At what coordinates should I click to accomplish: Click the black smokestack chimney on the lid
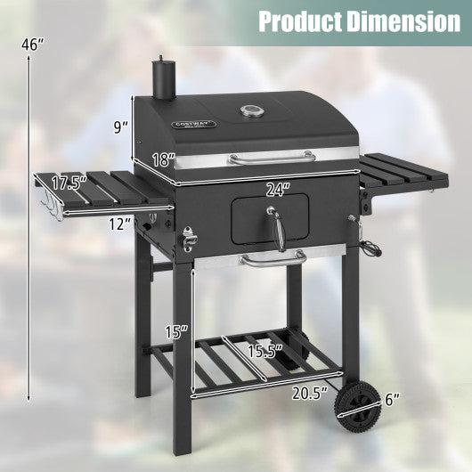tap(163, 78)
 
